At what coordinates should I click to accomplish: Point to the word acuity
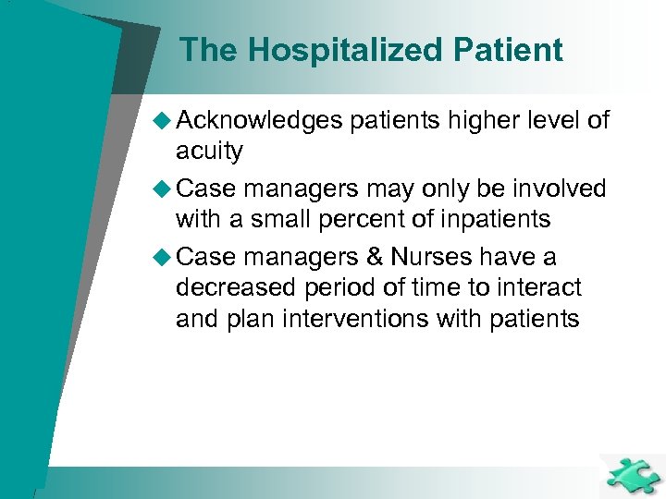[209, 152]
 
